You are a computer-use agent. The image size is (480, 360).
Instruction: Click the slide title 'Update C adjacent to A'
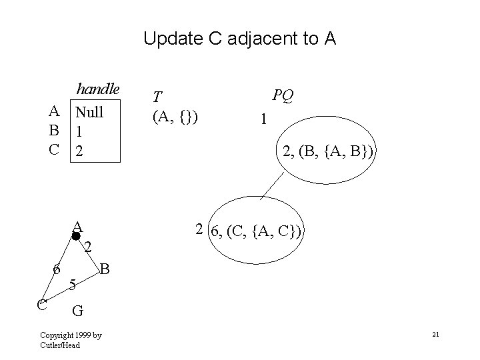coord(240,39)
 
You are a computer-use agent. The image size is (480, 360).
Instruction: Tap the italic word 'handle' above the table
coord(97,89)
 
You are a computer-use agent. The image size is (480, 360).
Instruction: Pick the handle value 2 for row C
coord(79,151)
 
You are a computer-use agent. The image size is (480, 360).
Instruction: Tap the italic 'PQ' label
coord(283,96)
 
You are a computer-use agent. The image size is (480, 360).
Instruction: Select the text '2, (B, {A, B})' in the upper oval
coord(329,153)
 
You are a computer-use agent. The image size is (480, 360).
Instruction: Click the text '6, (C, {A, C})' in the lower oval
coord(257,231)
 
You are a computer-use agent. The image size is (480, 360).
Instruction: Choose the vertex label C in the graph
coord(41,305)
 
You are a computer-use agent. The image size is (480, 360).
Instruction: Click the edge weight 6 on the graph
coord(57,269)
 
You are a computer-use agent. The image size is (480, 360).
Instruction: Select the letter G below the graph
coord(78,310)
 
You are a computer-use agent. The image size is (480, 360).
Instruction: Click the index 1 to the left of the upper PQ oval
coord(265,119)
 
